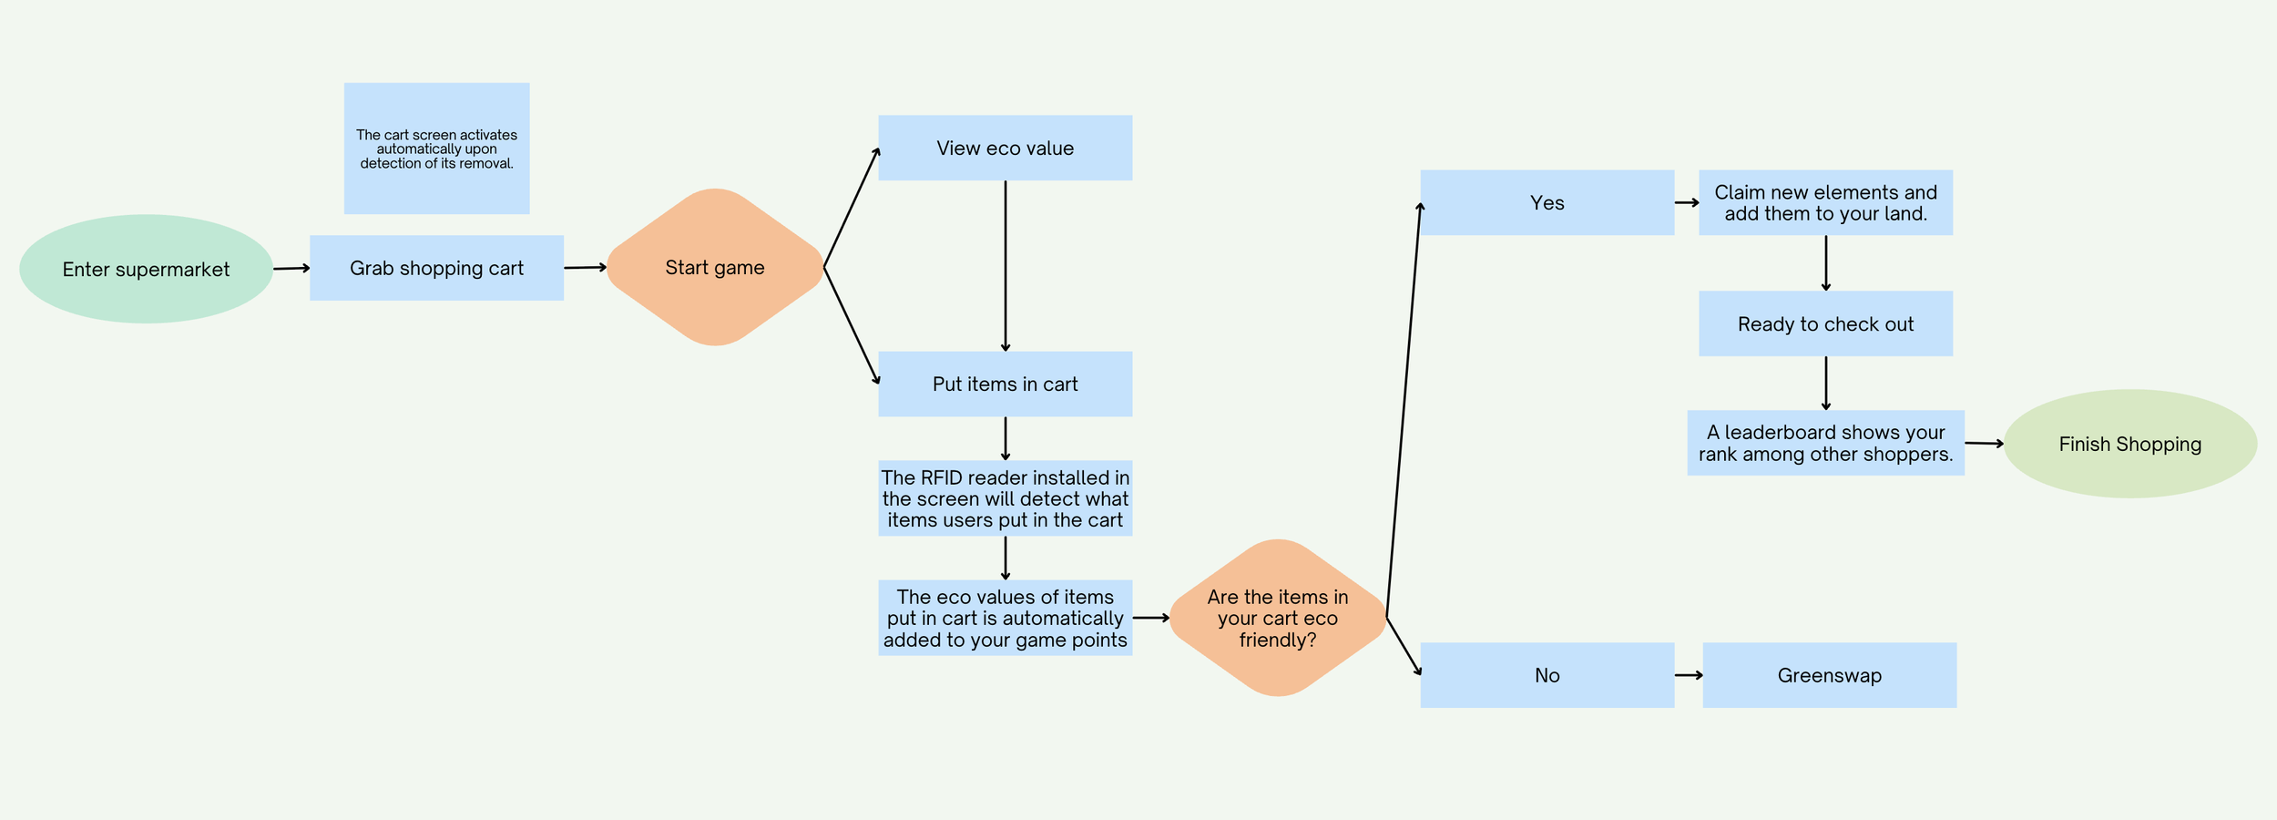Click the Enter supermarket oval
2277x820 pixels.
tap(146, 269)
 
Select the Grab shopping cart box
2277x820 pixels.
tap(436, 268)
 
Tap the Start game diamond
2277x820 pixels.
tap(715, 267)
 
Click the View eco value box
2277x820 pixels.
tap(1005, 148)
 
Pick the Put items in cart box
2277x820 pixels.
tap(1005, 384)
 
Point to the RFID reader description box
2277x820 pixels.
tap(1005, 498)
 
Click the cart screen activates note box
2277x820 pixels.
tap(436, 149)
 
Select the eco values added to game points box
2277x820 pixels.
tap(1005, 618)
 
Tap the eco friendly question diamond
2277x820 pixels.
tap(1277, 618)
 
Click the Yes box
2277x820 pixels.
tap(1547, 202)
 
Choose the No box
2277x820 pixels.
tap(1547, 675)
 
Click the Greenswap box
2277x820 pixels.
tap(1829, 675)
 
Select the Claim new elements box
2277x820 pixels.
tap(1825, 202)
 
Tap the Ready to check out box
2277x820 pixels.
tap(1825, 323)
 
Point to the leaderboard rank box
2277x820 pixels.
tap(1825, 443)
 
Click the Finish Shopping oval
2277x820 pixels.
tap(2129, 444)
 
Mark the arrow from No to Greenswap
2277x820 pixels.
tap(1688, 675)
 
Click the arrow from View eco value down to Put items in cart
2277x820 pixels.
tap(1005, 265)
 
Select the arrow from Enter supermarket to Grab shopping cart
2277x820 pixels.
tap(291, 268)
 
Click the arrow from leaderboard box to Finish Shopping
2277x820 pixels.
tap(1984, 444)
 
